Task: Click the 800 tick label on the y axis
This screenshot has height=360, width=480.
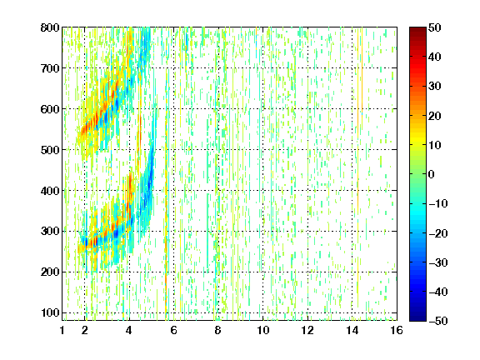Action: pos(50,27)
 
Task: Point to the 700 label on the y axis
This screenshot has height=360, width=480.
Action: pos(50,68)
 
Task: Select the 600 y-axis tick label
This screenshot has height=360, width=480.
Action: pos(50,109)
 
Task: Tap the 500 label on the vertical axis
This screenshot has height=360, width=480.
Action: pos(50,150)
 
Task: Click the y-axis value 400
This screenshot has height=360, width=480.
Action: pos(50,191)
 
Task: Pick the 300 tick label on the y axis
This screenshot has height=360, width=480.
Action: pos(50,231)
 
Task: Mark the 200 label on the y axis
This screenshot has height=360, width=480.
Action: pos(50,272)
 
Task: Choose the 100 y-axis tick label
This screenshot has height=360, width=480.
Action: pos(50,312)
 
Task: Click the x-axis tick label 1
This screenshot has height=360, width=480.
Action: pos(62,330)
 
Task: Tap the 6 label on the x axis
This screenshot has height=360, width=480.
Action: pos(174,330)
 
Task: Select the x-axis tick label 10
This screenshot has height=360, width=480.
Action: pos(263,330)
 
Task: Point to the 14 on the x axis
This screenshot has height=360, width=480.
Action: pos(352,330)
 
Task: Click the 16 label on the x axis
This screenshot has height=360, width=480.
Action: pos(397,330)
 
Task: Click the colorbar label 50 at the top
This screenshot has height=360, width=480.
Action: pos(435,27)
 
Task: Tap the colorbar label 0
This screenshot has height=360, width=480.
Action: pos(432,174)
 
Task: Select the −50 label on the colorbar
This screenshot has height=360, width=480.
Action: pos(438,321)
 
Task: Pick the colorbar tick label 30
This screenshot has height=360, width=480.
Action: pos(435,87)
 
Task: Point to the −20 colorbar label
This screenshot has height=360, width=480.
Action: pos(438,233)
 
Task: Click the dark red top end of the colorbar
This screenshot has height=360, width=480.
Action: pos(417,29)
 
